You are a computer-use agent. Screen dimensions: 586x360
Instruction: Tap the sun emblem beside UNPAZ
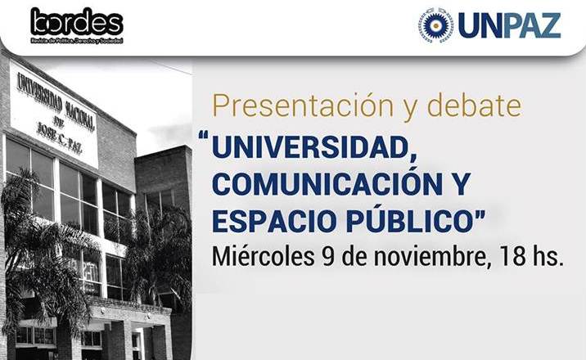(435, 25)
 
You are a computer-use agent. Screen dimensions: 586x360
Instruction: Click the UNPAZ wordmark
(509, 25)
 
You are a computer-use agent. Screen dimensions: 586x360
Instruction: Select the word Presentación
(303, 106)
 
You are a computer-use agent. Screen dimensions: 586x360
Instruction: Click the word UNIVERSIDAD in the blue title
(314, 149)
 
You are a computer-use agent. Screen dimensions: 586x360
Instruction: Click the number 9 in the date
(328, 257)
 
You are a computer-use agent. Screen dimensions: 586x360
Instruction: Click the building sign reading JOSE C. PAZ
(60, 137)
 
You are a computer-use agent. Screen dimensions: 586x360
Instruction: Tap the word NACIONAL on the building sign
(80, 114)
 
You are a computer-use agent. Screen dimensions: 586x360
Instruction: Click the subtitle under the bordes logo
(77, 40)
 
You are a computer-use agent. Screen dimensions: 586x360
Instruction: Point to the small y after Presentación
(410, 110)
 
